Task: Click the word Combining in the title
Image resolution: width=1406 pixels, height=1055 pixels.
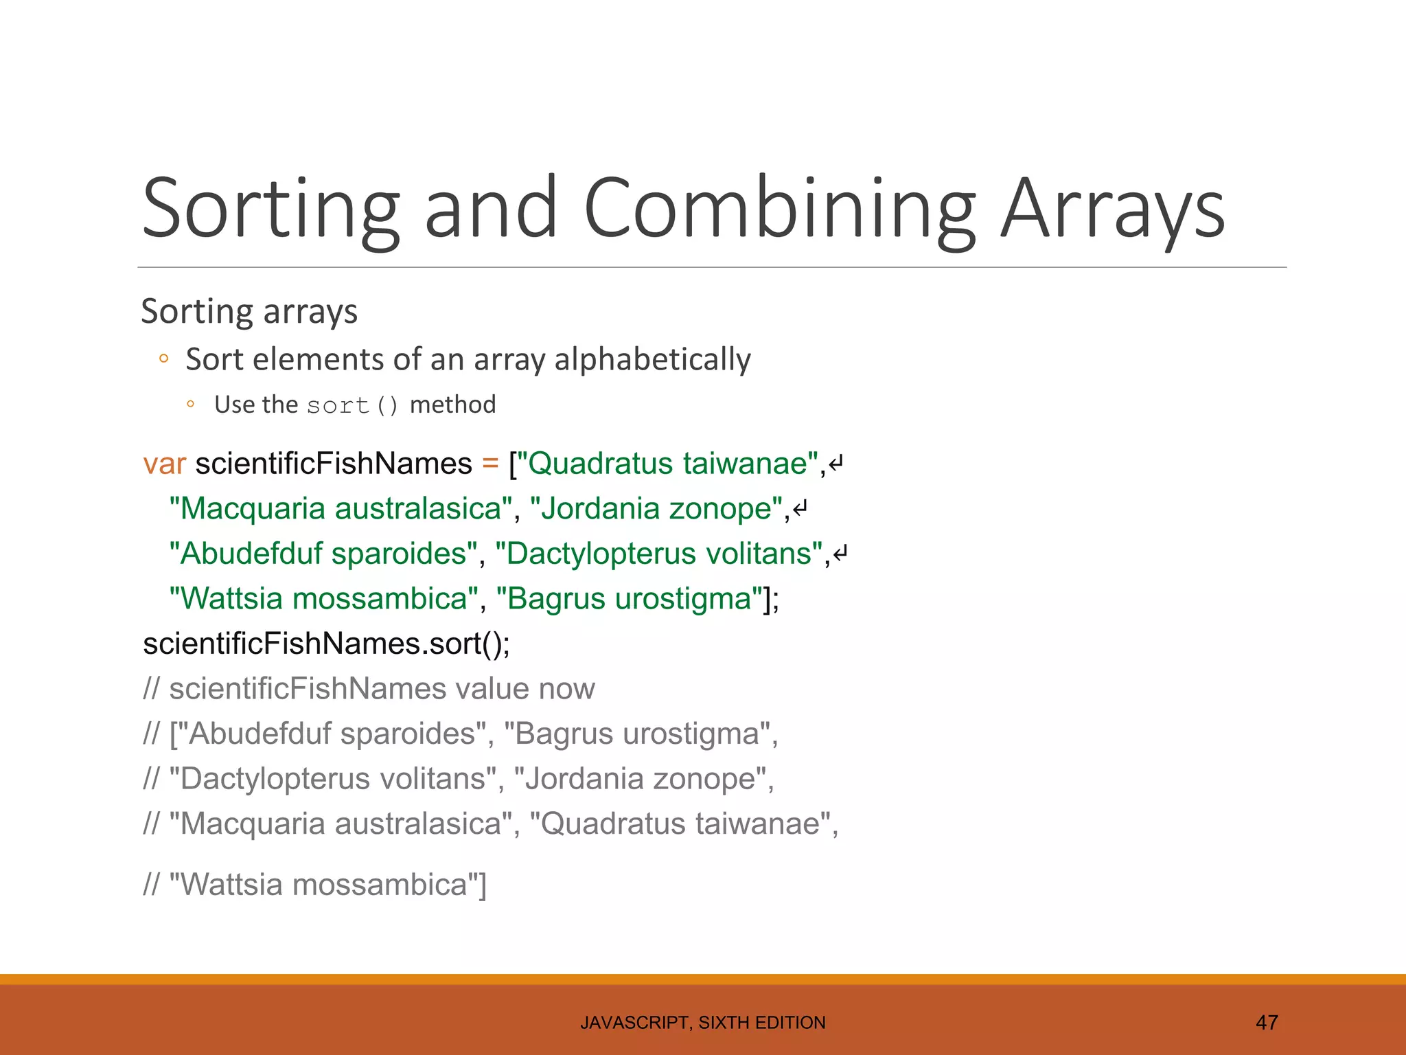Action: (779, 209)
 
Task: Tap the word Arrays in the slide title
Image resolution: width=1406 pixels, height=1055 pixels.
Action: (1112, 209)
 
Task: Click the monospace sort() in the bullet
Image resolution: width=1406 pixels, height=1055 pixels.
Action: (352, 405)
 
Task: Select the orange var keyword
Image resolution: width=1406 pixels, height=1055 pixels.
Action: (164, 464)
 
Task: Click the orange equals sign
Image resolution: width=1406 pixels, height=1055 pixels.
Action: (490, 464)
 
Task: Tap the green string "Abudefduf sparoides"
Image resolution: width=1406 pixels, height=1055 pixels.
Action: (323, 554)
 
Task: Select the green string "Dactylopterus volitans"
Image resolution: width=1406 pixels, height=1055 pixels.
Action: (659, 554)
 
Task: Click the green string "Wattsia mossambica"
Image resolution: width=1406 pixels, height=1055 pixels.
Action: (323, 598)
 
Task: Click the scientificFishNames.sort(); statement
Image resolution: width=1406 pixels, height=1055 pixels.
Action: (326, 644)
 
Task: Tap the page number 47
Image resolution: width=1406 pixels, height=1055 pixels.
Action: (1267, 1023)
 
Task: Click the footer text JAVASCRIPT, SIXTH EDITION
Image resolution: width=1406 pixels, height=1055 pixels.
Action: (703, 1023)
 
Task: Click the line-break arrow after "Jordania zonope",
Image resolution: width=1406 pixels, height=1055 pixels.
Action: (800, 510)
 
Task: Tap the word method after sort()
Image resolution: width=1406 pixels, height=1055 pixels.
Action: (452, 405)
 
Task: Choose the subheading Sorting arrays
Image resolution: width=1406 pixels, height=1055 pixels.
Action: (249, 311)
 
